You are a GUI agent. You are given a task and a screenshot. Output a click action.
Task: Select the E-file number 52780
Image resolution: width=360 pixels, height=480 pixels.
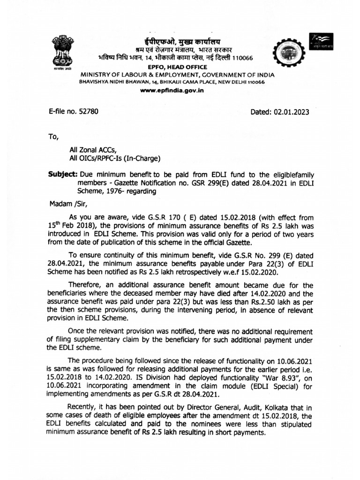pyautogui.click(x=74, y=112)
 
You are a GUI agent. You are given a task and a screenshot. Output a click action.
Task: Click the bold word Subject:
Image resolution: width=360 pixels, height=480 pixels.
pyautogui.click(x=63, y=174)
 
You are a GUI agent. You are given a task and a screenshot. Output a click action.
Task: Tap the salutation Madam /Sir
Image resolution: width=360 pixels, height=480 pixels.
pyautogui.click(x=68, y=204)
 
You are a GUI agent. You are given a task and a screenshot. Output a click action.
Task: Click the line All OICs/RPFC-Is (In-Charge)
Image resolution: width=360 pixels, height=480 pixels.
pyautogui.click(x=115, y=158)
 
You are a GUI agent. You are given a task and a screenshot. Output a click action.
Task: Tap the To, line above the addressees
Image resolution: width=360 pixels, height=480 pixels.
pyautogui.click(x=54, y=137)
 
